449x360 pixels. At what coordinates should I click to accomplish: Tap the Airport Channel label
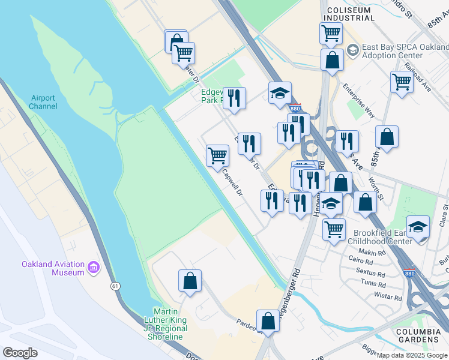pos(43,102)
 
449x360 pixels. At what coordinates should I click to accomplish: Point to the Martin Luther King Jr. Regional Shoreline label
pos(166,324)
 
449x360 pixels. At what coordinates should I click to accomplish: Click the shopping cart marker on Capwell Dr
pos(217,155)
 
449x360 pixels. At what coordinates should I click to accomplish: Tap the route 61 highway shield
pos(114,286)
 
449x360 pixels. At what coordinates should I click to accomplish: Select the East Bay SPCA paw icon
pos(352,49)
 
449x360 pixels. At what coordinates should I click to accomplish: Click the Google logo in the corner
pos(20,352)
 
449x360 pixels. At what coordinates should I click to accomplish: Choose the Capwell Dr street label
pos(232,183)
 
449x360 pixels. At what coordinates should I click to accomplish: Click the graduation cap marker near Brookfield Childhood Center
pos(418,227)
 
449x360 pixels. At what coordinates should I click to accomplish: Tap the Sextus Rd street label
pos(370,272)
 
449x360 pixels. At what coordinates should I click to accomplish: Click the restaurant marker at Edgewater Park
pos(234,98)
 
